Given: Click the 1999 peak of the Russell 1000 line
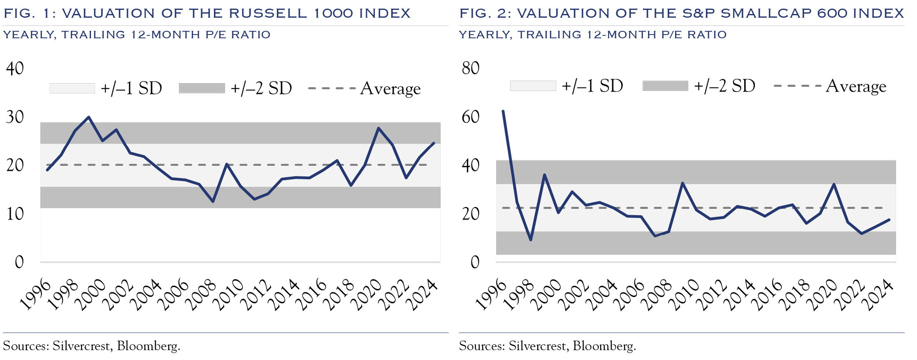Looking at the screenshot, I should coord(88,117).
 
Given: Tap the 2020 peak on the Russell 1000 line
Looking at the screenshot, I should coord(378,128).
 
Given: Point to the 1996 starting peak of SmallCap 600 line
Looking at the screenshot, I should coord(503,111).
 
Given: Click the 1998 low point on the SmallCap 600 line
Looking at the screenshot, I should coord(531,239).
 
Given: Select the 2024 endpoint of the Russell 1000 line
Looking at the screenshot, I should coord(434,143).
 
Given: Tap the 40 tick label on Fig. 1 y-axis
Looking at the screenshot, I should coord(15,68).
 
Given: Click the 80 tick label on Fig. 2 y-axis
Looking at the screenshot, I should coord(470,68).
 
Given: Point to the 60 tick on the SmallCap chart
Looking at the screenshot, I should coord(470,117).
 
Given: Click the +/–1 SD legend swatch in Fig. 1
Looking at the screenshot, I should coord(72,88).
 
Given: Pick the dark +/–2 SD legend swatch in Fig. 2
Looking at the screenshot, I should coord(665,86).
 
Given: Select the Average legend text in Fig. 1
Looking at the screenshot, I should coord(390,88).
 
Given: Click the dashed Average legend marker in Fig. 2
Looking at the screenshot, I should coord(797,86).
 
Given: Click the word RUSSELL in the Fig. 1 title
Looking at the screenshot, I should coord(267,13).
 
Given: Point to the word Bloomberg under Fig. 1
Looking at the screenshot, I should coord(148,346).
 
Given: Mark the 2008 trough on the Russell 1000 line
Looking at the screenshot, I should coord(213,202).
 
